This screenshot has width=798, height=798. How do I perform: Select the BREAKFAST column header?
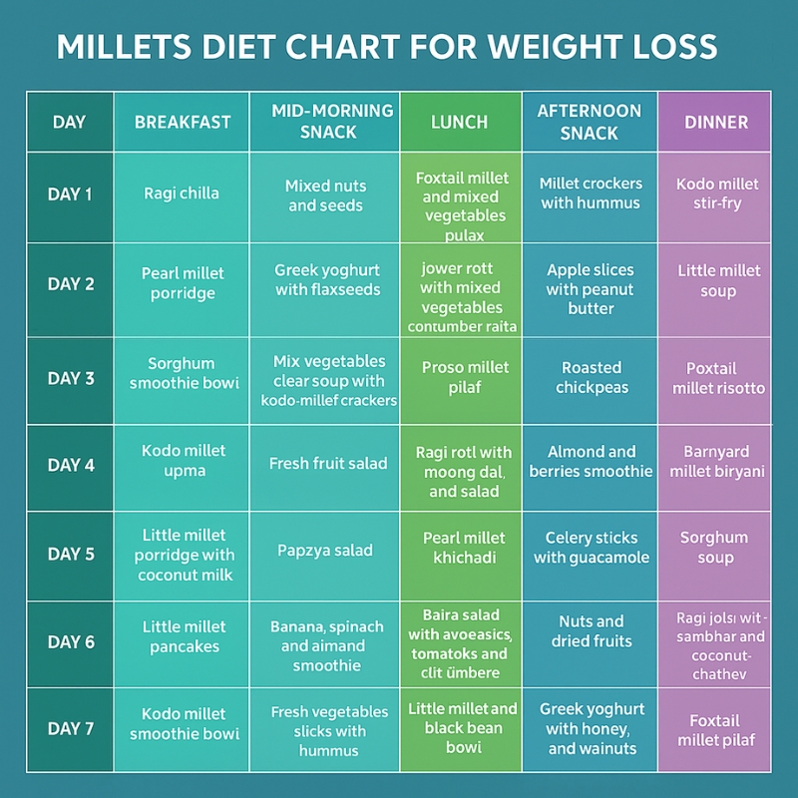tap(183, 123)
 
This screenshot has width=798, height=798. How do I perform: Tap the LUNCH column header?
tap(460, 123)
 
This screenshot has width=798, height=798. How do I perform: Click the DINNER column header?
tap(716, 123)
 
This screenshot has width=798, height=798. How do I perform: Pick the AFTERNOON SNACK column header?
tap(590, 122)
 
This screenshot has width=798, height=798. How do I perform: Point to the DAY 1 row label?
tap(71, 195)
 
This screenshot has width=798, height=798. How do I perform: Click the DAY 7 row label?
tap(71, 729)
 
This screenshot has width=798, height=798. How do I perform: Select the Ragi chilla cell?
tap(182, 195)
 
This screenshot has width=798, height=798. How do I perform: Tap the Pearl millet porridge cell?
tap(183, 283)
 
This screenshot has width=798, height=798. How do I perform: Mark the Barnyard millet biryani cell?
tap(716, 462)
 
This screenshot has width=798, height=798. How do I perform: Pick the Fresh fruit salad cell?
tap(327, 463)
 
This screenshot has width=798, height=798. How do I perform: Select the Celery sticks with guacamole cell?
tap(591, 548)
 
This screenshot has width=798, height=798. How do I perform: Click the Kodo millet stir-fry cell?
tap(716, 194)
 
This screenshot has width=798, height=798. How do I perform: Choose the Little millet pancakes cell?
tap(184, 637)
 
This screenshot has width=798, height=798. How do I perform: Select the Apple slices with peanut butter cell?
tap(591, 289)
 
